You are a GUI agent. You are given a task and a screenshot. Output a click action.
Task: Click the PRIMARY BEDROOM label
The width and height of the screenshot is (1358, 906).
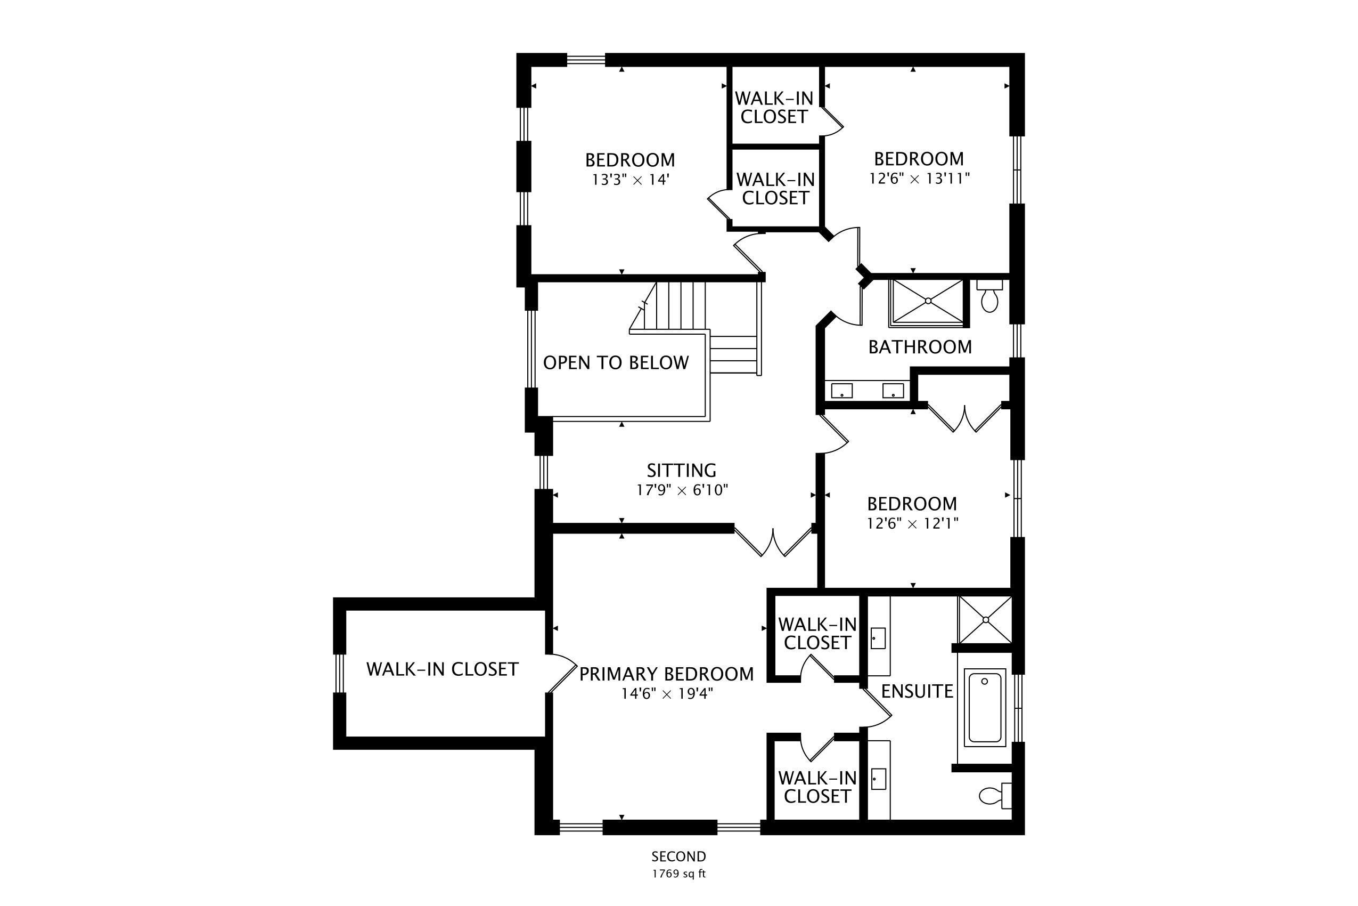tap(666, 674)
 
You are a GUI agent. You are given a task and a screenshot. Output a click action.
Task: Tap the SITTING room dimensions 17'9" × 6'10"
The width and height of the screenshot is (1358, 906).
tap(682, 490)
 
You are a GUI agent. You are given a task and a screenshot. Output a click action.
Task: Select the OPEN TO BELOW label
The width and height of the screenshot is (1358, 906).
tap(616, 363)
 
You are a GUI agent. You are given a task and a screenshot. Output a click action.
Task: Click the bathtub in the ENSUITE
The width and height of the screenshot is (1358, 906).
tap(985, 708)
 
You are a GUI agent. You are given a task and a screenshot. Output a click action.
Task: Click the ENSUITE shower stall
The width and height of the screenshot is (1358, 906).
tap(986, 620)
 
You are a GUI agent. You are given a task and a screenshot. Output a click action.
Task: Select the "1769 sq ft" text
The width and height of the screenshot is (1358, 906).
tap(679, 873)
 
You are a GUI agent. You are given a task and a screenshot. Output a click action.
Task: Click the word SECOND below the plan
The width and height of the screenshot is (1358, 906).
tap(679, 856)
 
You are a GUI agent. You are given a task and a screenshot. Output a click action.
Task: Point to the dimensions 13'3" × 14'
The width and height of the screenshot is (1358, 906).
tap(631, 180)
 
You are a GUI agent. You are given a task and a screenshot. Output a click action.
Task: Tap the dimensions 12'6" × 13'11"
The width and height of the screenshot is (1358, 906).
tap(919, 179)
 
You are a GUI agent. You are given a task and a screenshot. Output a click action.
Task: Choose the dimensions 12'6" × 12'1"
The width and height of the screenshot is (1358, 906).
tap(912, 523)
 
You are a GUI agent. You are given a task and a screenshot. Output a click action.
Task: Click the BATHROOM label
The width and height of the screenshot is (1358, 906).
tap(920, 347)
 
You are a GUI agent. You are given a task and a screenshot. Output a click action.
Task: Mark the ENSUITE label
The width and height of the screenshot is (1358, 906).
tap(917, 692)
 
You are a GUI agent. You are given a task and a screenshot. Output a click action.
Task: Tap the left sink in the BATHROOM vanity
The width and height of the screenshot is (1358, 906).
tap(842, 391)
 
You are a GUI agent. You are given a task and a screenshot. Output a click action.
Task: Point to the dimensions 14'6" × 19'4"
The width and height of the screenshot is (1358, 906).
tap(667, 694)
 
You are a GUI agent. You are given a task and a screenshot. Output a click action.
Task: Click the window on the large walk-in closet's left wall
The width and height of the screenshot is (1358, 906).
tap(340, 673)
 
